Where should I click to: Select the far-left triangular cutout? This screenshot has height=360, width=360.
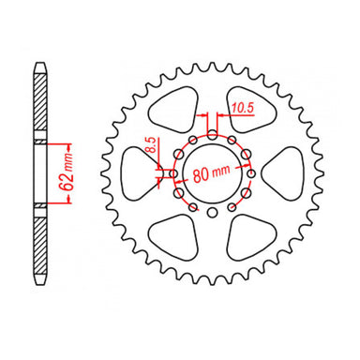tap(141, 174)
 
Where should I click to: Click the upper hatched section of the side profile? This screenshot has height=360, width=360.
tap(39, 103)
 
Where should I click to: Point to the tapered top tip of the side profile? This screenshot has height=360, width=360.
tap(39, 66)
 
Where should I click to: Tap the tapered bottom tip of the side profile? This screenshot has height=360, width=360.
tap(39, 283)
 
